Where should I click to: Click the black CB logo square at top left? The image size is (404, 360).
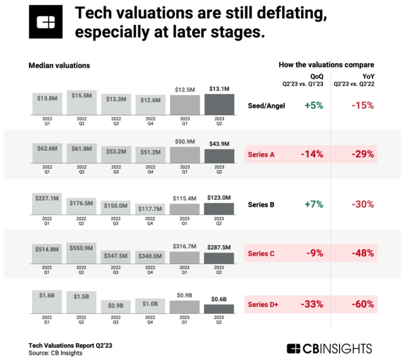coord(46,24)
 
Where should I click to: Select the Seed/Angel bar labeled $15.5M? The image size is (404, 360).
coord(81,102)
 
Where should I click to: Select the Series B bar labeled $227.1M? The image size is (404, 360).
coord(47,202)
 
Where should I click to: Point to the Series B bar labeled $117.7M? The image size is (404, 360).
coord(150,210)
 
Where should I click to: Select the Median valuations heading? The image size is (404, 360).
coord(59,65)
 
